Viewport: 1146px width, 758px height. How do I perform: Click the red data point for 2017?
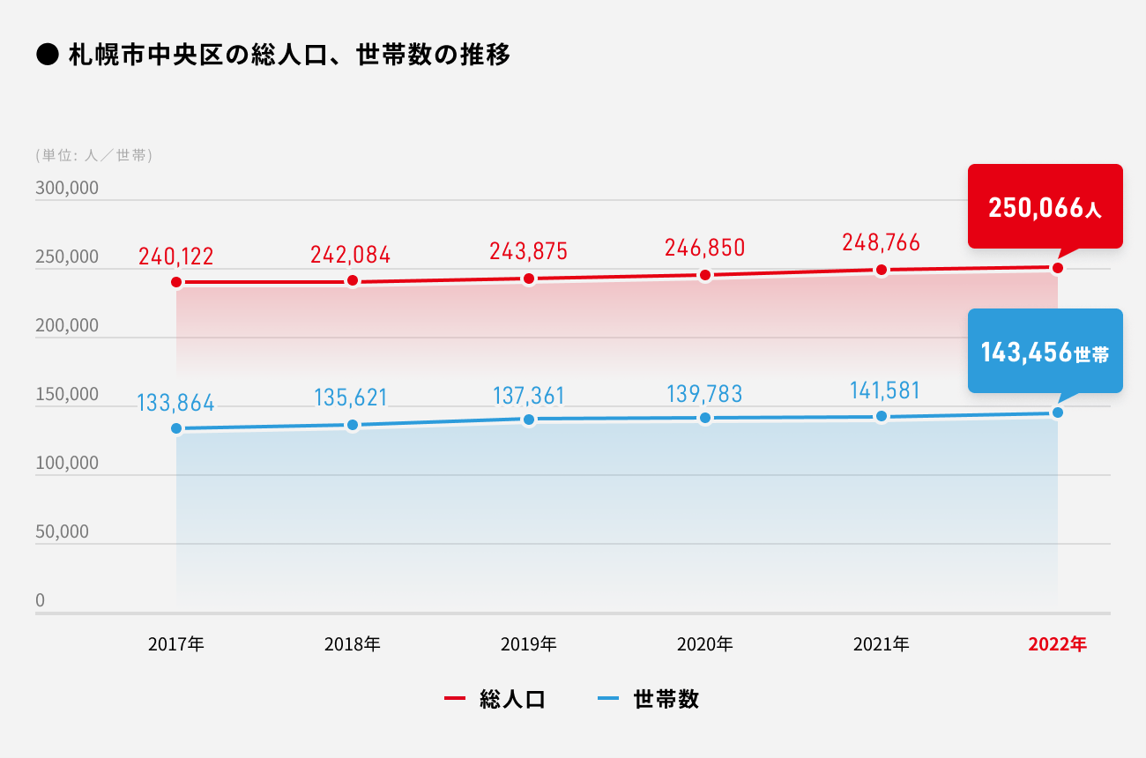(x=176, y=282)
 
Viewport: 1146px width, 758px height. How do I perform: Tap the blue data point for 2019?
(x=529, y=420)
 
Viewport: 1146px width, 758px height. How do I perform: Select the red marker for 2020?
(x=705, y=275)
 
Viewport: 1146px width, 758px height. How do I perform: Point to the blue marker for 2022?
(x=1058, y=412)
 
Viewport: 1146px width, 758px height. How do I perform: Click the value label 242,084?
(x=350, y=255)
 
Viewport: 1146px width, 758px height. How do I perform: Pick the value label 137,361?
(x=529, y=395)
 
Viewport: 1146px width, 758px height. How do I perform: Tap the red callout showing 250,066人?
(x=1045, y=207)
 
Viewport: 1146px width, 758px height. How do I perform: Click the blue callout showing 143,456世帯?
(x=1045, y=353)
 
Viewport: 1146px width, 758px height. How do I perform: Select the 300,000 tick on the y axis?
(x=67, y=189)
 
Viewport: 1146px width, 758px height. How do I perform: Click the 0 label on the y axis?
(x=41, y=600)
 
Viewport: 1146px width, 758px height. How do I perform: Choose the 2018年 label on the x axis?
(x=353, y=644)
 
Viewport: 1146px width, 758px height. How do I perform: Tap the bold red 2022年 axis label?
(x=1058, y=644)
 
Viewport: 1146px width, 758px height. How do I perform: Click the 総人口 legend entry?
(x=495, y=700)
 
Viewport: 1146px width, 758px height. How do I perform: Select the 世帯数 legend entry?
(x=649, y=700)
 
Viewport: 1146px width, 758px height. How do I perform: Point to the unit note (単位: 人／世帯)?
(x=94, y=155)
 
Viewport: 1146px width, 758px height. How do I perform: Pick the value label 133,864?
(x=176, y=404)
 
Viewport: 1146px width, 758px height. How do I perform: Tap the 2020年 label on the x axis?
(x=705, y=644)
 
